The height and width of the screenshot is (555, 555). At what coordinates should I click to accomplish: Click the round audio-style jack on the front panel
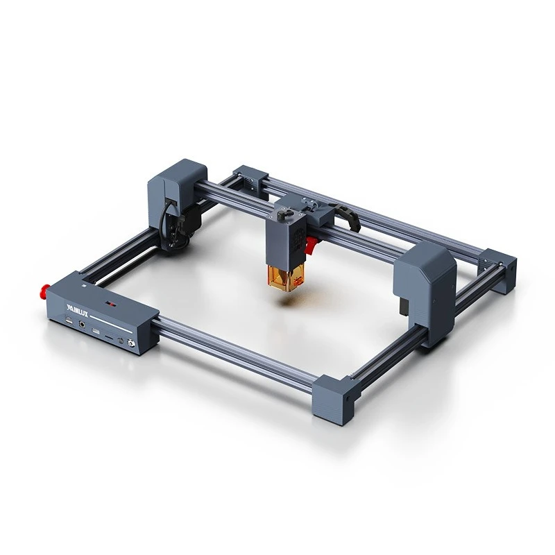coord(84,322)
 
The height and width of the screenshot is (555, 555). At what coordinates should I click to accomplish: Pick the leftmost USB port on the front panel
coord(69,318)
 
